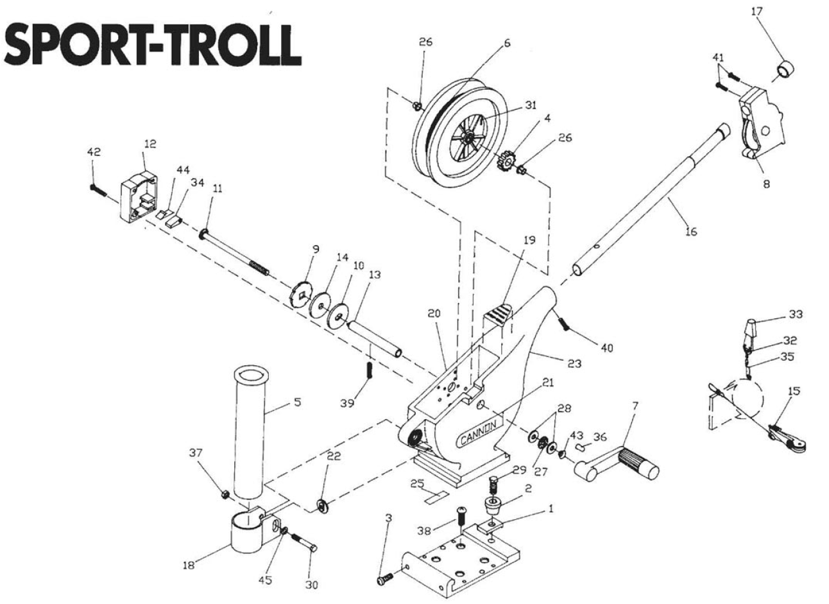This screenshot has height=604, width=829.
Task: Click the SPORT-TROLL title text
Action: tap(151, 45)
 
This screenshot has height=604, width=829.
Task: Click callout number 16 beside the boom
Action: tap(690, 231)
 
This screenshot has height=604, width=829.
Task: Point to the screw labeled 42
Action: tap(96, 188)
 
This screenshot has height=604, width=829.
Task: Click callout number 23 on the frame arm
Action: tap(574, 363)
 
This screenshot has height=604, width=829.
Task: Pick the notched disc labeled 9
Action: tap(298, 294)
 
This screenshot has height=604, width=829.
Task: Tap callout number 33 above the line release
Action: tap(796, 315)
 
